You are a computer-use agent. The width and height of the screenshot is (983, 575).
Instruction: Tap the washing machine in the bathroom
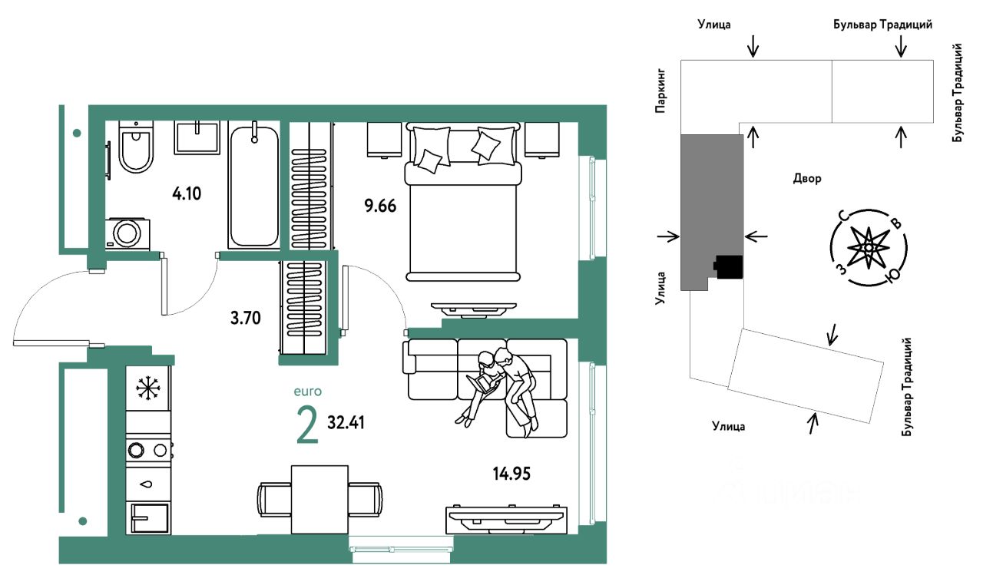tap(127, 233)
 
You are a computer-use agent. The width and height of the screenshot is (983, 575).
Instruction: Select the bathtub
tap(253, 185)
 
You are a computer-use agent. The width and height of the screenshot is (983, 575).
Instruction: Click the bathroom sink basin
tap(197, 137)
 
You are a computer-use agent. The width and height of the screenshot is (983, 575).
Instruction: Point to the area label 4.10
tap(187, 193)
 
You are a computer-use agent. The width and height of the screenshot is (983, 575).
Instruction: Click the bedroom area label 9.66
tap(380, 206)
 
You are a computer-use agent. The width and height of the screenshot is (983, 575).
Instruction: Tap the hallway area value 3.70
tap(245, 318)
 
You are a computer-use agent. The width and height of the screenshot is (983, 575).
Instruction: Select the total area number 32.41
tap(346, 422)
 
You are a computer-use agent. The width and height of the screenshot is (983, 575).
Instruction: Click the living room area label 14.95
tap(511, 474)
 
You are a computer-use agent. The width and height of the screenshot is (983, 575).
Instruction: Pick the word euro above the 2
tap(308, 392)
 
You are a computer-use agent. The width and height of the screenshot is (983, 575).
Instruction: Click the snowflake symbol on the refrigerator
tap(148, 388)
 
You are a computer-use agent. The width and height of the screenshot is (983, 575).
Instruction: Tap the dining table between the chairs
tap(319, 500)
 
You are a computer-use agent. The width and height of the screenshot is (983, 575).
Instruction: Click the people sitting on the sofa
tap(500, 390)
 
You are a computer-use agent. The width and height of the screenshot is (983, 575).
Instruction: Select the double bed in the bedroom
tap(463, 202)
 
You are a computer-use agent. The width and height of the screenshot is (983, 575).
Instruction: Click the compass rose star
tap(869, 248)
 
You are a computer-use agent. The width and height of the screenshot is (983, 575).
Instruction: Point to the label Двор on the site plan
tap(807, 179)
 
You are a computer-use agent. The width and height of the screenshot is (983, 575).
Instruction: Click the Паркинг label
tap(660, 91)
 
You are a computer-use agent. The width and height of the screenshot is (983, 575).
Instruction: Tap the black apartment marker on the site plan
tap(728, 266)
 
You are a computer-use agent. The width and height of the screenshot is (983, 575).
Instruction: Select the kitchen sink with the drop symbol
tap(148, 484)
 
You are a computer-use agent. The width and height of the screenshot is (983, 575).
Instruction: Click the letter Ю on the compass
tap(892, 276)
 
